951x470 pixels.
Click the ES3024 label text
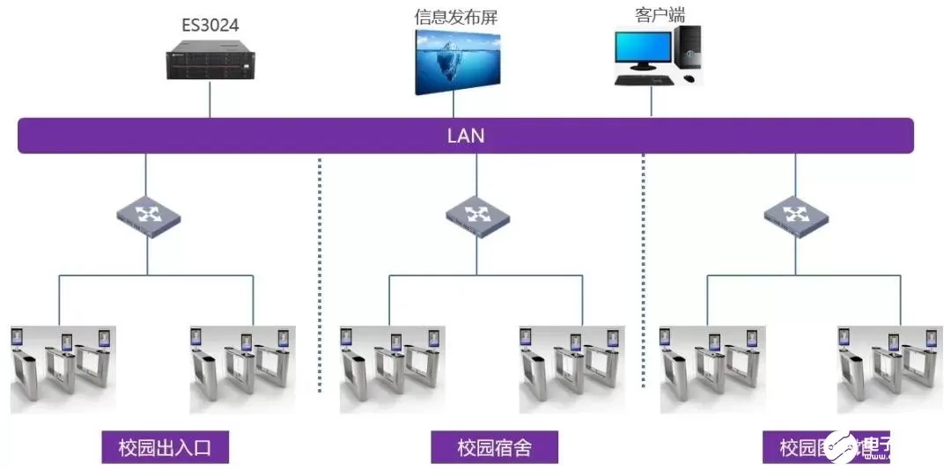[210, 25]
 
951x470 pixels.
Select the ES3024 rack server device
[210, 62]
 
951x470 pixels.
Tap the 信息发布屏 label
[455, 17]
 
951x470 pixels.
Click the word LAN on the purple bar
[466, 136]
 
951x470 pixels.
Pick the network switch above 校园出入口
[148, 214]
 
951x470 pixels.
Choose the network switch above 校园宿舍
[476, 214]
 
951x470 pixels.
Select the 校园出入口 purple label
[165, 447]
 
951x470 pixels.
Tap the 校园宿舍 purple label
[494, 447]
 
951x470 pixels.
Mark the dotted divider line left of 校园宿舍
[319, 273]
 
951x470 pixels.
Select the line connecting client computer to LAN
[652, 101]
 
